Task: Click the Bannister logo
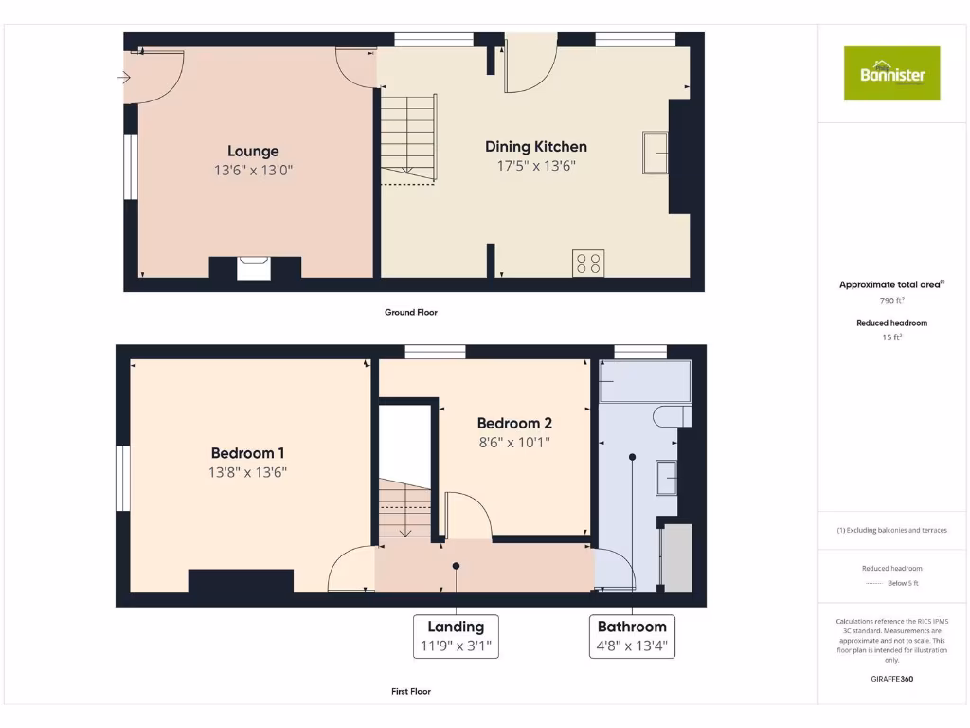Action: pos(891,73)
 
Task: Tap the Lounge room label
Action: pos(253,151)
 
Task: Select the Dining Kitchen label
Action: pos(535,146)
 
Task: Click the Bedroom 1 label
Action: pos(247,453)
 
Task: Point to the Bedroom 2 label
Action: pos(514,424)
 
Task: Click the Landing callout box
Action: pos(456,636)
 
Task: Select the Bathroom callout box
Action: pos(632,636)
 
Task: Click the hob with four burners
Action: pos(588,263)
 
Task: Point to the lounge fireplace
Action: pos(254,268)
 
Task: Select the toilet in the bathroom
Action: pos(672,416)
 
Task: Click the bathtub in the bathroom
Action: pos(645,382)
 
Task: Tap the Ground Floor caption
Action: pos(410,312)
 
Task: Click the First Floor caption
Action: pos(411,692)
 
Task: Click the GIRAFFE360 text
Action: pos(891,679)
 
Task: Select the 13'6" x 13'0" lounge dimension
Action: pos(253,171)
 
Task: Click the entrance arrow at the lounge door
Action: pos(123,78)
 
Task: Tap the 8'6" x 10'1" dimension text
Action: pos(514,442)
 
